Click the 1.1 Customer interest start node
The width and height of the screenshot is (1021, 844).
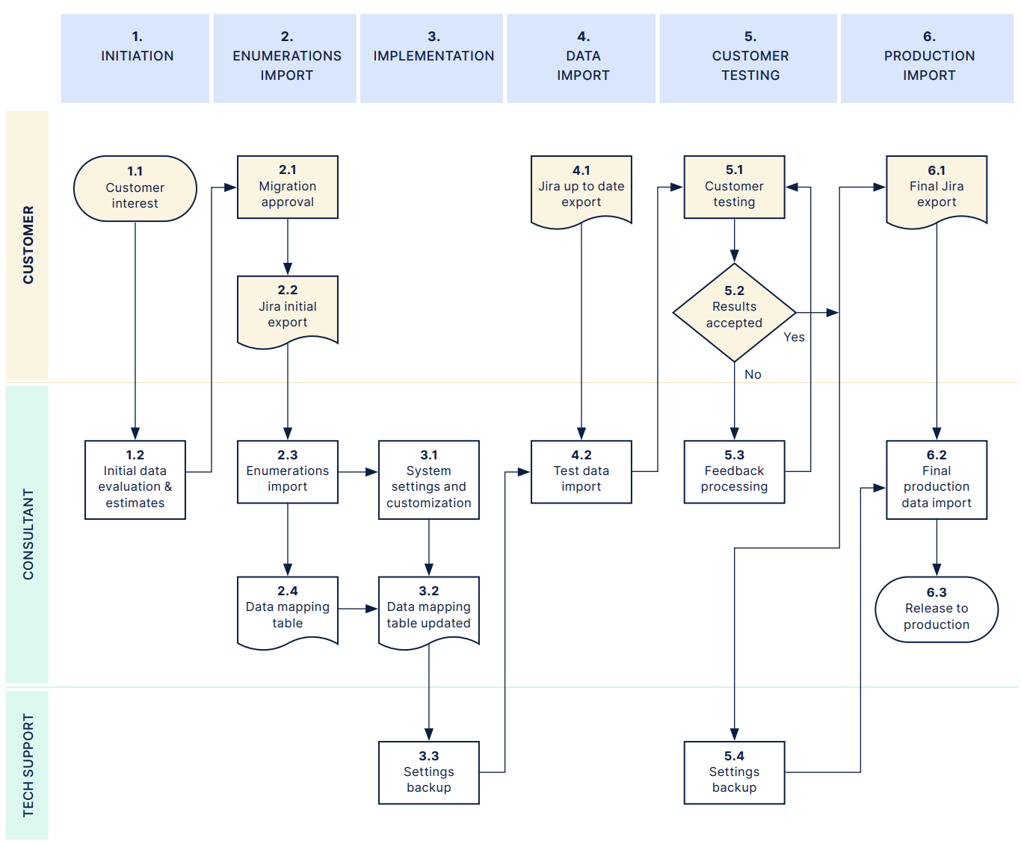135,188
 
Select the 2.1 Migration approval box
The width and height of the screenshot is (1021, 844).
287,187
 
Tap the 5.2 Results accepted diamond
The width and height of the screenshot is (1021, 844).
734,312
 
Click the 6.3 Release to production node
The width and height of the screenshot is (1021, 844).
936,609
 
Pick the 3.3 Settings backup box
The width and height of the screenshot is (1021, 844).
428,772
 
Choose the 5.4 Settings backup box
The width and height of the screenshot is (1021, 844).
734,772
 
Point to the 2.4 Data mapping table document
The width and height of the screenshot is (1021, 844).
287,609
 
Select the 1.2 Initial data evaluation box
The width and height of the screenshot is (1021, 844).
135,480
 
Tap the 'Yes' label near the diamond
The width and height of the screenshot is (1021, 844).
794,338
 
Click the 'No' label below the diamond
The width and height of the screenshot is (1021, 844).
753,375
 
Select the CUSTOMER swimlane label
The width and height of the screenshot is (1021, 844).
28,245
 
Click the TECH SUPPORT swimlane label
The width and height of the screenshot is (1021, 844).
28,765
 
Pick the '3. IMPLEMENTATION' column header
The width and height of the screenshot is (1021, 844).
433,57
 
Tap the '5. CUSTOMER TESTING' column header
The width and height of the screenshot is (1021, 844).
750,57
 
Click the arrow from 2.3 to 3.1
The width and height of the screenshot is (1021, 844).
358,472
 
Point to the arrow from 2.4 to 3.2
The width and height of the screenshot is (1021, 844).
358,609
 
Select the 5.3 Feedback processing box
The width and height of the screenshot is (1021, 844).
734,472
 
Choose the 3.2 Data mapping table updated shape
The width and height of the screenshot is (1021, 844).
428,609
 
